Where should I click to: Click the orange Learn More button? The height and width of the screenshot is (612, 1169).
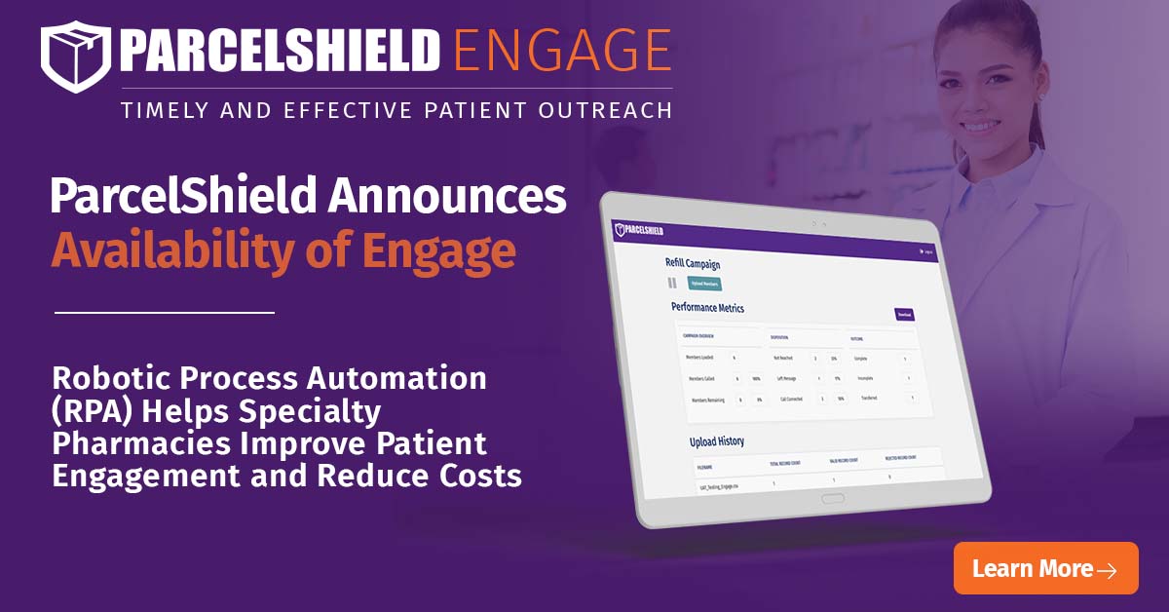click(1045, 568)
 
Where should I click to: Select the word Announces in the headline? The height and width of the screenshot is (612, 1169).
click(446, 197)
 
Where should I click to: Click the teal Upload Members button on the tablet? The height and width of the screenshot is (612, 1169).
click(704, 284)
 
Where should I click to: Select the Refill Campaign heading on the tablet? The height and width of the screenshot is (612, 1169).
click(693, 263)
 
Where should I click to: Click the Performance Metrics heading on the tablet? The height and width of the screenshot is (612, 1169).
click(707, 308)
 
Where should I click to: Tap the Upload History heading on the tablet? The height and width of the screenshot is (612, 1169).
click(716, 441)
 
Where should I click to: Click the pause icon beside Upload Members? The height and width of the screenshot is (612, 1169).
click(671, 284)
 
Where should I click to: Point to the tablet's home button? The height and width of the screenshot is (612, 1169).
click(833, 498)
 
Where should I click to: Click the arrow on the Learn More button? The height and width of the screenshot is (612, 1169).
click(1106, 570)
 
